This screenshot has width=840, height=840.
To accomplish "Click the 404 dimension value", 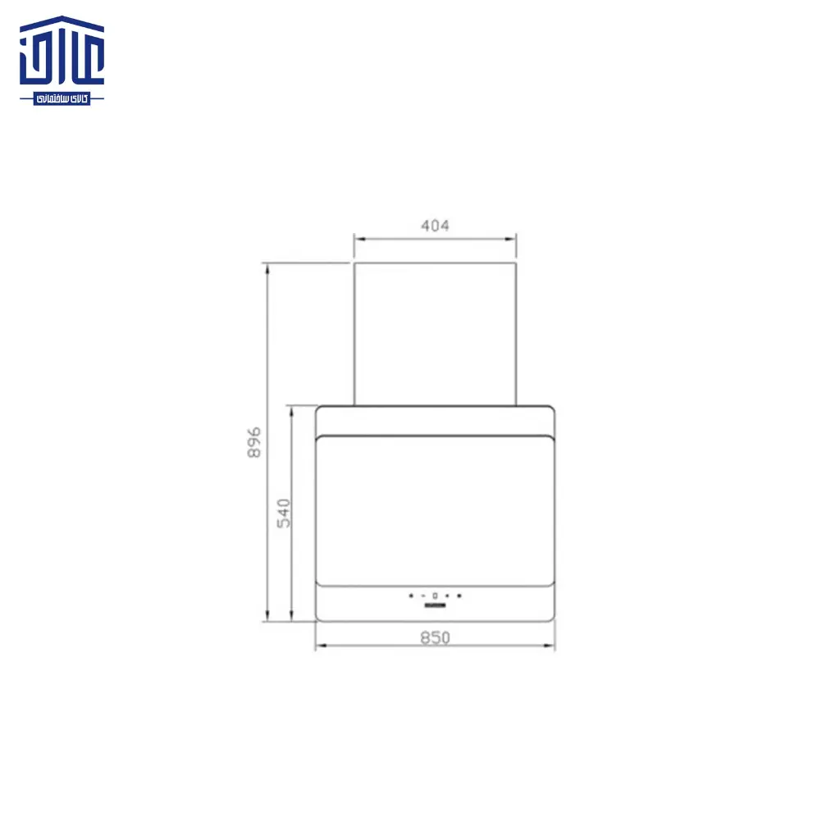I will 435,226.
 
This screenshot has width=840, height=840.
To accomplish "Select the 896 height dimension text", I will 254,442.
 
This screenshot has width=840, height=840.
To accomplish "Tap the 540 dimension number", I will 283,513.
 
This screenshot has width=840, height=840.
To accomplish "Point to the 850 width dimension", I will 435,637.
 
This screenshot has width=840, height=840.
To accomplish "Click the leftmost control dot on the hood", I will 411,596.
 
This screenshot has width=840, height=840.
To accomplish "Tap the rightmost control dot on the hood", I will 459,596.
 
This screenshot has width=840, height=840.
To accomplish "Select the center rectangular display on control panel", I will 435,596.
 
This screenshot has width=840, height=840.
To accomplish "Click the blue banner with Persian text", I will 62,98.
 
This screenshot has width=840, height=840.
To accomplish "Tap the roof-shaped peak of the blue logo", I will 62,19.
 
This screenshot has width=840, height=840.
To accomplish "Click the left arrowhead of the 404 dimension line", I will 358,240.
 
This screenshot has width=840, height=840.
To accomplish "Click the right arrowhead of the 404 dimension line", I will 513,240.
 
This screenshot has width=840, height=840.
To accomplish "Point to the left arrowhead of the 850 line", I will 319,646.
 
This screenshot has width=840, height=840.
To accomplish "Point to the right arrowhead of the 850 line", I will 550,646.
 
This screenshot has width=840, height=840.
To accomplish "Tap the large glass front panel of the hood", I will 435,509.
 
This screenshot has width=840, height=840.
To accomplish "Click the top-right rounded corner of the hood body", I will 550,411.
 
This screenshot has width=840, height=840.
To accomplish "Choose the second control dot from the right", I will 447,596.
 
